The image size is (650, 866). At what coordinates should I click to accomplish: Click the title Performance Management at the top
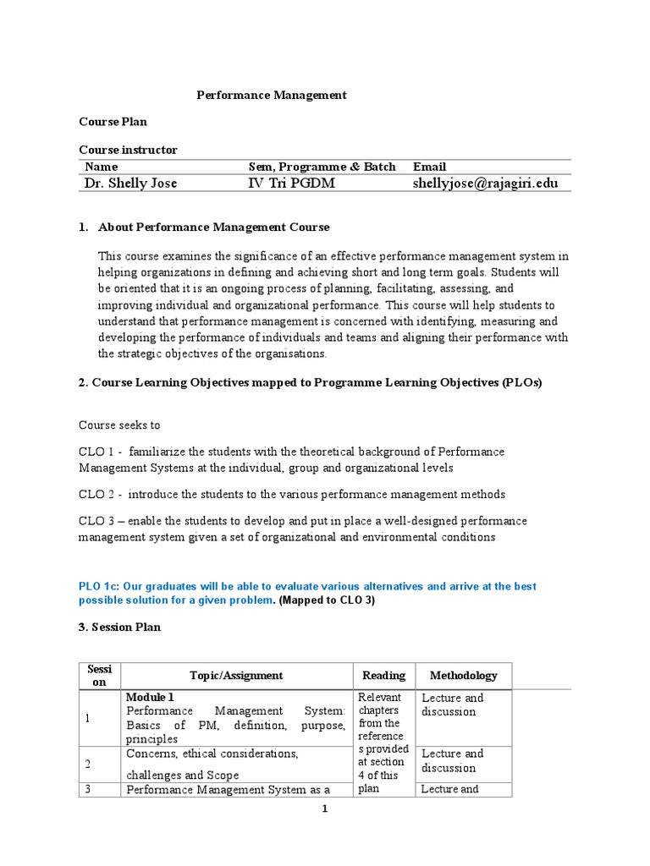[x=272, y=96]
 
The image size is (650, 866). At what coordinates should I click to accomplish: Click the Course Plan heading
[x=113, y=123]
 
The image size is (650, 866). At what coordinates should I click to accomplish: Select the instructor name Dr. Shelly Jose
[x=130, y=184]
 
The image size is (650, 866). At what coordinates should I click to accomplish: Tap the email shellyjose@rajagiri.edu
[x=485, y=184]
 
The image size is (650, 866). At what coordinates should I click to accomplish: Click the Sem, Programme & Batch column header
[x=322, y=167]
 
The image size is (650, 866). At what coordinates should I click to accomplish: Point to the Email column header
[x=429, y=167]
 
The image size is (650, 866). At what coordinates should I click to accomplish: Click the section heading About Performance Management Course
[x=213, y=227]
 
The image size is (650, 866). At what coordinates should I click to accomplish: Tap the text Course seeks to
[x=119, y=425]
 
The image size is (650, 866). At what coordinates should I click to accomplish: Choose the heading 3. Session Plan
[x=119, y=628]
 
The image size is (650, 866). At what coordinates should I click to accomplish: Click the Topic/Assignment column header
[x=236, y=676]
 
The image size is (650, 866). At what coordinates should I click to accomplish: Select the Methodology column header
[x=463, y=676]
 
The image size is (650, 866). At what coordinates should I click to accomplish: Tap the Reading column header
[x=383, y=676]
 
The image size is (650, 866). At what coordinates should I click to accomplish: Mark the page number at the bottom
[x=324, y=809]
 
